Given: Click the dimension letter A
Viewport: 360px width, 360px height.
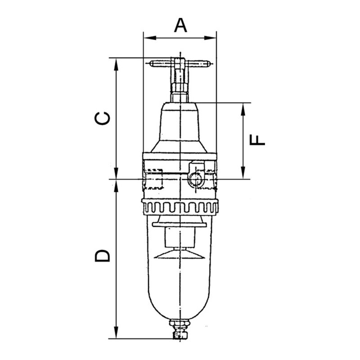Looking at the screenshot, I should [x=180, y=25].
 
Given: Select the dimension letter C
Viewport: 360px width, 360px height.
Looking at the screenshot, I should [x=103, y=118].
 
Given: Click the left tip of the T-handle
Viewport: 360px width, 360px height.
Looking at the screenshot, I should [x=152, y=63].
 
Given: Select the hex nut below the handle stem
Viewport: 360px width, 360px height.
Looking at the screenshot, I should [x=180, y=97].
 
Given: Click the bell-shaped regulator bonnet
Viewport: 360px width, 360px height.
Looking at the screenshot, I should [x=180, y=128].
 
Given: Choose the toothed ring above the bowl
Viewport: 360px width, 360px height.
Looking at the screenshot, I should [x=180, y=208].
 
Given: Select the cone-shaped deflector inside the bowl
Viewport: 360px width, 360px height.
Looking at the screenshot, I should [x=180, y=256].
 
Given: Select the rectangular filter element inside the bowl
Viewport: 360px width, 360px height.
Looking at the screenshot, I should [x=180, y=238].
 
